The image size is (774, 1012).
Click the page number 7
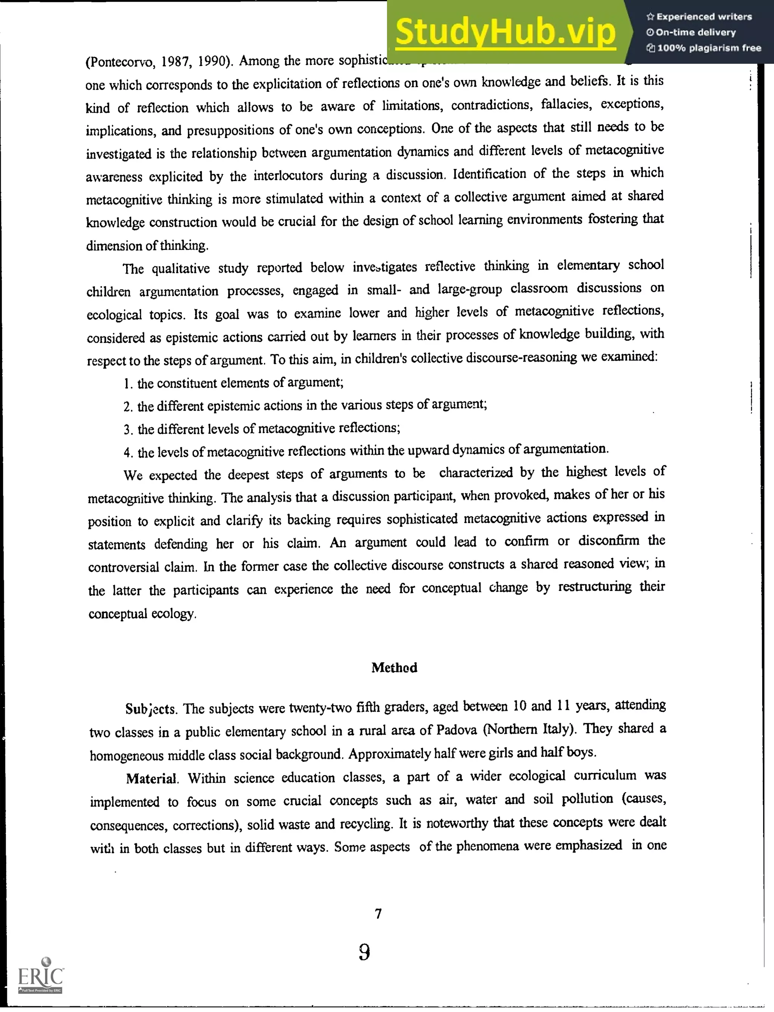(x=378, y=913)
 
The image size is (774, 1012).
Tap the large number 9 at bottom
(x=364, y=952)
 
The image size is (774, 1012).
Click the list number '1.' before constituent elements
(x=128, y=384)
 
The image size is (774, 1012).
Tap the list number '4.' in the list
(x=128, y=453)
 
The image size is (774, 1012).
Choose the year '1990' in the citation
(x=212, y=61)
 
